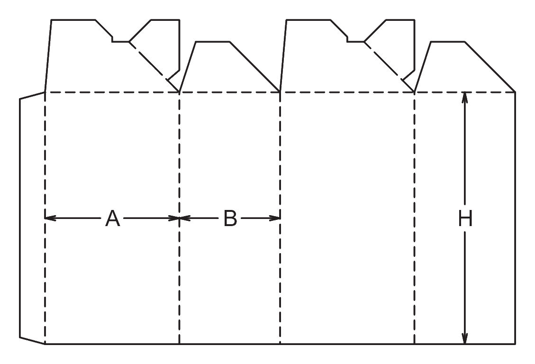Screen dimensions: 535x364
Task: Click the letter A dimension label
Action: click(x=113, y=218)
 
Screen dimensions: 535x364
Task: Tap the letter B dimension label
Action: click(x=230, y=218)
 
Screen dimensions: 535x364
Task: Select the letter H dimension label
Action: click(x=465, y=218)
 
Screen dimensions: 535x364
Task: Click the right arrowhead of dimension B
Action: click(x=275, y=218)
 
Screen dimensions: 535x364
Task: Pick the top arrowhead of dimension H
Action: click(x=465, y=98)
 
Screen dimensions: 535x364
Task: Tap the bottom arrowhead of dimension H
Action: click(x=465, y=338)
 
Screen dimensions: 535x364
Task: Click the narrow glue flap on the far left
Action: click(x=32, y=218)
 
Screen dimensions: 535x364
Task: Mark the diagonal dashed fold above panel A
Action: click(x=154, y=67)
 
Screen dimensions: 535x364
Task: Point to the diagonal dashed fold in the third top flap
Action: click(x=389, y=67)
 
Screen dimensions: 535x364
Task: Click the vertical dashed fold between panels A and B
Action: click(x=179, y=218)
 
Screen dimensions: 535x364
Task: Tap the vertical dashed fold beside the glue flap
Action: click(x=45, y=218)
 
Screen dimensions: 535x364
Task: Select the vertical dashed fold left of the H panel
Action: click(x=414, y=218)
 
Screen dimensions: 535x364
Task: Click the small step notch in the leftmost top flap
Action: click(x=113, y=39)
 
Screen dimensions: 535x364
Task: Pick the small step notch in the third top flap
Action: click(x=348, y=39)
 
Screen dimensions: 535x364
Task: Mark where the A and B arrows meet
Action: click(x=180, y=218)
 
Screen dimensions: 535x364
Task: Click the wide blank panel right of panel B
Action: click(x=347, y=218)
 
